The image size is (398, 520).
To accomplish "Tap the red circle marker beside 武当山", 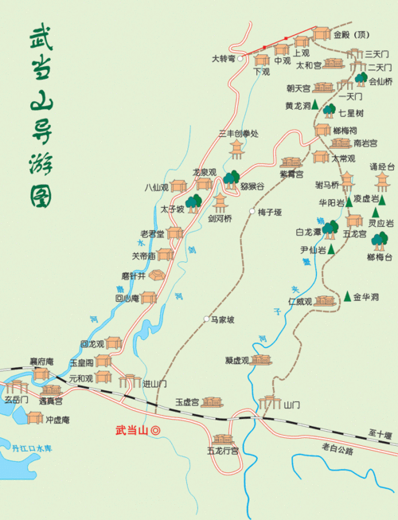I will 156,430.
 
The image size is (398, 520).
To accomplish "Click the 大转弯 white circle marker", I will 240,59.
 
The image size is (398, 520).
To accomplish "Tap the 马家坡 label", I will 222,320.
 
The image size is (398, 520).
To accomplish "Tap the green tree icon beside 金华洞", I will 348,297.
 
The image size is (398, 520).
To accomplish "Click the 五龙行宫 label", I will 222,451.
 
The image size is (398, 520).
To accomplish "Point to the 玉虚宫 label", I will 187,402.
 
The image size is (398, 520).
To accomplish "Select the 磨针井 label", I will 134,276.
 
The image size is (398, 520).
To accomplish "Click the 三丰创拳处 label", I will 239,134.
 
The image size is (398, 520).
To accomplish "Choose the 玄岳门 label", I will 17,399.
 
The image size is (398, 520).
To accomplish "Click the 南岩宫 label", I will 365,143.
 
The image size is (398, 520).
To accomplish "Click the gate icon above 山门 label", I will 272,401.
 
